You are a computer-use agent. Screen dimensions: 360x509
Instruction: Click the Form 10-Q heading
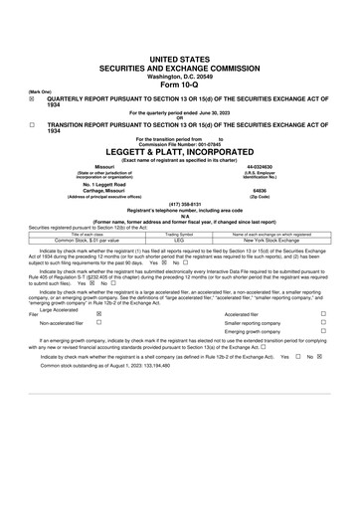[x=179, y=85]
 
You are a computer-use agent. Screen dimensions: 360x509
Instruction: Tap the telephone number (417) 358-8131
[x=179, y=204]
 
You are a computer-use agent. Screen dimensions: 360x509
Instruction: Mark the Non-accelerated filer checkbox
[x=98, y=323]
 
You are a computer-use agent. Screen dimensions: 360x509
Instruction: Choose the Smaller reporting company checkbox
[x=323, y=323]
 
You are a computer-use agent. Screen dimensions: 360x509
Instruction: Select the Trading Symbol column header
[x=179, y=234]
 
